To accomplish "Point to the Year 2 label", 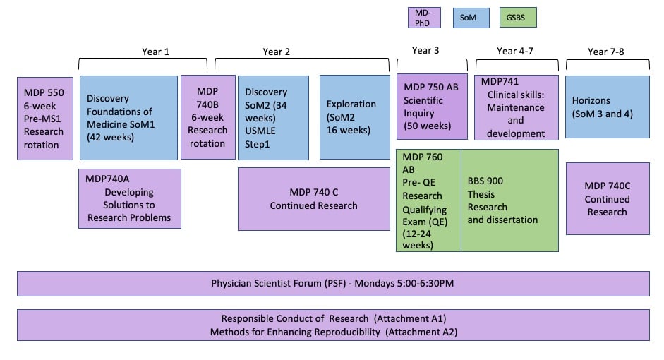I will coord(277,52).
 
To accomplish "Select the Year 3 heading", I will coord(425,51).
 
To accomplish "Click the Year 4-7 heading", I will coord(517,51).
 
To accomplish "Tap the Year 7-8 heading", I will coord(607,51).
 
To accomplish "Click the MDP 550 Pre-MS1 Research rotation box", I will coord(44,118).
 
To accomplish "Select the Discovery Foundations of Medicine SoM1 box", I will coord(128,118).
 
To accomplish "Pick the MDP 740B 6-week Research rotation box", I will coord(207,118).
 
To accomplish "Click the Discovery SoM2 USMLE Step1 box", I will coord(273,118).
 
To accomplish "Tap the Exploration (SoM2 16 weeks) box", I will coord(354,118).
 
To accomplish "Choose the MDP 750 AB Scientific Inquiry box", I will coord(431,107).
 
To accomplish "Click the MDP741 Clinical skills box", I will coord(517,107).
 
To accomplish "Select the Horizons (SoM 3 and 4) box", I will coord(607,107).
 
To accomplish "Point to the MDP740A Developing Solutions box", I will coord(129,198).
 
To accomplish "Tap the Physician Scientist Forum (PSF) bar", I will coord(333,283).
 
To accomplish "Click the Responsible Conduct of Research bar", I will coord(333,325).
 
